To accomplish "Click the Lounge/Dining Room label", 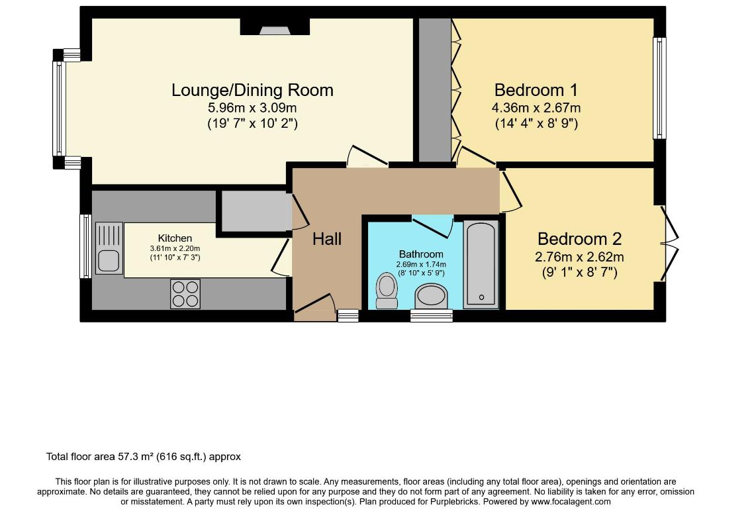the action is (252, 90).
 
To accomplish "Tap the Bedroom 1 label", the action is (536, 90).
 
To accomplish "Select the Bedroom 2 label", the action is (579, 239).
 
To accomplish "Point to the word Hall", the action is (327, 239).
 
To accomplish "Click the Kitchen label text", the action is (175, 238).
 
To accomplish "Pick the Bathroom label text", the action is (421, 254).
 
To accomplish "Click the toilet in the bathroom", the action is (387, 291).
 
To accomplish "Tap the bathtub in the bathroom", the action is (481, 265).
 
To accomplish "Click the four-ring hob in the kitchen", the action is (185, 294).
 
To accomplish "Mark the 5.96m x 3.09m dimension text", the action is (252, 107).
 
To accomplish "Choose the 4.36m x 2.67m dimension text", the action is (536, 107).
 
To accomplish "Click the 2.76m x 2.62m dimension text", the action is (579, 257).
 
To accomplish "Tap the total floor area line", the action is (144, 457).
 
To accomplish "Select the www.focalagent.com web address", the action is (570, 502).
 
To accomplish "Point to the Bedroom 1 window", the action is (659, 88).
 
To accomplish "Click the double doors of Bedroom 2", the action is (669, 244).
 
